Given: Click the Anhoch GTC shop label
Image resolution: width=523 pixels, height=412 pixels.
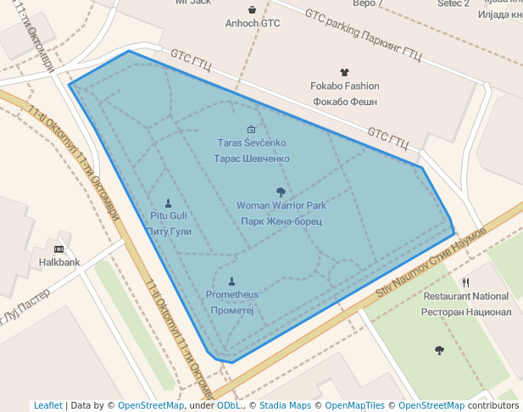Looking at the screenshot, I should tap(252, 23).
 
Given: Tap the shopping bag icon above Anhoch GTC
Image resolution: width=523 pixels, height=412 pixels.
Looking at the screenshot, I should tap(252, 9).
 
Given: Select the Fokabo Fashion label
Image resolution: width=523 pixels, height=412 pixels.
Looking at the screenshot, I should tap(344, 86).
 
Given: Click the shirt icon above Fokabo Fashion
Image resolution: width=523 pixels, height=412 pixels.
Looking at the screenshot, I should tap(344, 73).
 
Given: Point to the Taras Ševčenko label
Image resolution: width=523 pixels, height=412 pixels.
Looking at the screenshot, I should tap(252, 143).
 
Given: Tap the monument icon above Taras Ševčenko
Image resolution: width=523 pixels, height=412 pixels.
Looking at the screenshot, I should tap(251, 129).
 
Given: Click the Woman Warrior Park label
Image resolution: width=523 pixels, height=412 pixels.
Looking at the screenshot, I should tap(281, 206).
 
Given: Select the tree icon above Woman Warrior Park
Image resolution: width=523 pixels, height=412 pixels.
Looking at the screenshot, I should tap(281, 192).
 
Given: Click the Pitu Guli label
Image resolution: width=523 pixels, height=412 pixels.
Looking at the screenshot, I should tap(169, 216).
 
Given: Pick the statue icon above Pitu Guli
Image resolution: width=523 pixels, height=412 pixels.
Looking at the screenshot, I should tap(168, 203).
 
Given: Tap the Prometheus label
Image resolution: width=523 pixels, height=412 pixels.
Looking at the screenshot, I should tap(231, 295).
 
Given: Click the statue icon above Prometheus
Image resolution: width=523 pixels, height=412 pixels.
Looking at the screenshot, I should tap(231, 281).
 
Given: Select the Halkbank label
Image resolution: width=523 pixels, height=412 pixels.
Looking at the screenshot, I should tap(59, 262).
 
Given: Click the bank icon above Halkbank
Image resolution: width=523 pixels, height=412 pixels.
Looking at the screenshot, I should tap(58, 248).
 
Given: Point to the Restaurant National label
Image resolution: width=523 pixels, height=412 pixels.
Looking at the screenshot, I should tap(466, 297).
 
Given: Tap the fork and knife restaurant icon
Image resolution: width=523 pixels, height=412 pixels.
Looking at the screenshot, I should tap(465, 282).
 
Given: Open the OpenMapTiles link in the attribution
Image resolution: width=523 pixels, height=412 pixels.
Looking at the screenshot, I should tap(361, 405).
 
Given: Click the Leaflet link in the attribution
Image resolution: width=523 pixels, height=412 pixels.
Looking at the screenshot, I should tap(47, 405).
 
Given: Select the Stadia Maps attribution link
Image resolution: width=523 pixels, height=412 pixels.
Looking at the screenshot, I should tap(285, 405).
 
